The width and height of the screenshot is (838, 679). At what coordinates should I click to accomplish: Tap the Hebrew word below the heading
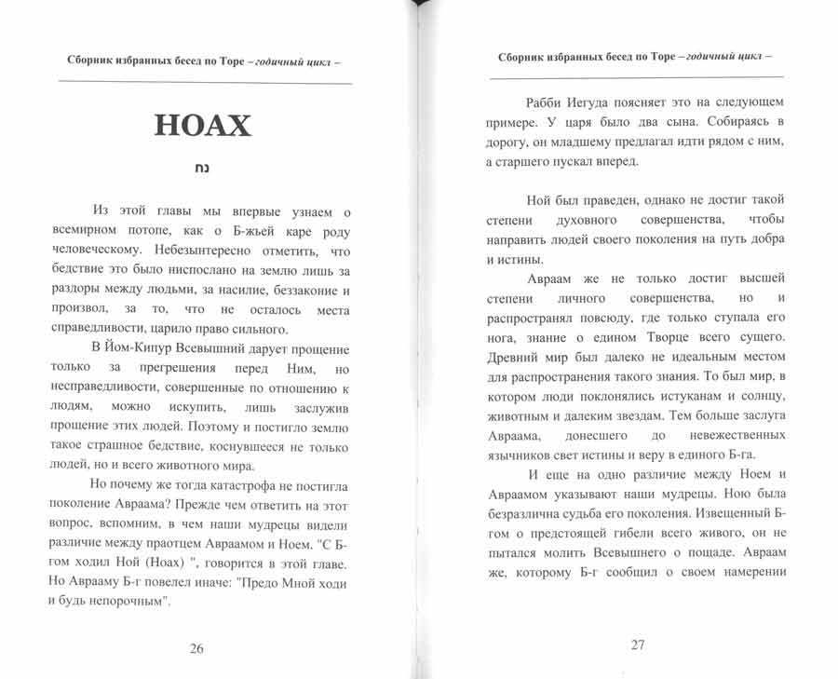pos(202,171)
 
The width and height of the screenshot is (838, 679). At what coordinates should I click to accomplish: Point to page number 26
pos(196,649)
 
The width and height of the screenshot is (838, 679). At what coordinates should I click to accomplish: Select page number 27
pos(637,645)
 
